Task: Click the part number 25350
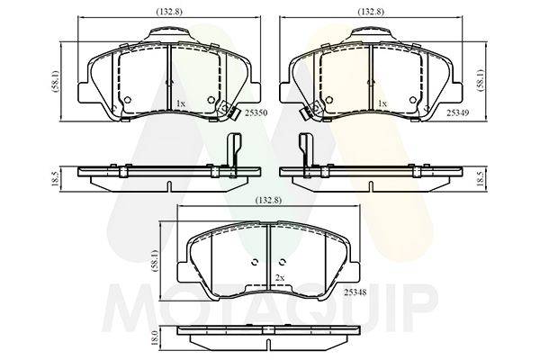coord(256,112)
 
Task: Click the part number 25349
coord(458,112)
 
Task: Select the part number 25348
coord(355,292)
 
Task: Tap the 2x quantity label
coord(280,278)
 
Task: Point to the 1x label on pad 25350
coord(181,103)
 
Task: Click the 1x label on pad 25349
coord(382,103)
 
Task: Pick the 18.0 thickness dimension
coord(155,337)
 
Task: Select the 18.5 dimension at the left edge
coord(54,179)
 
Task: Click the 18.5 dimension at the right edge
coord(482,179)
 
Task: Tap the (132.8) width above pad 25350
coord(169,12)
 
